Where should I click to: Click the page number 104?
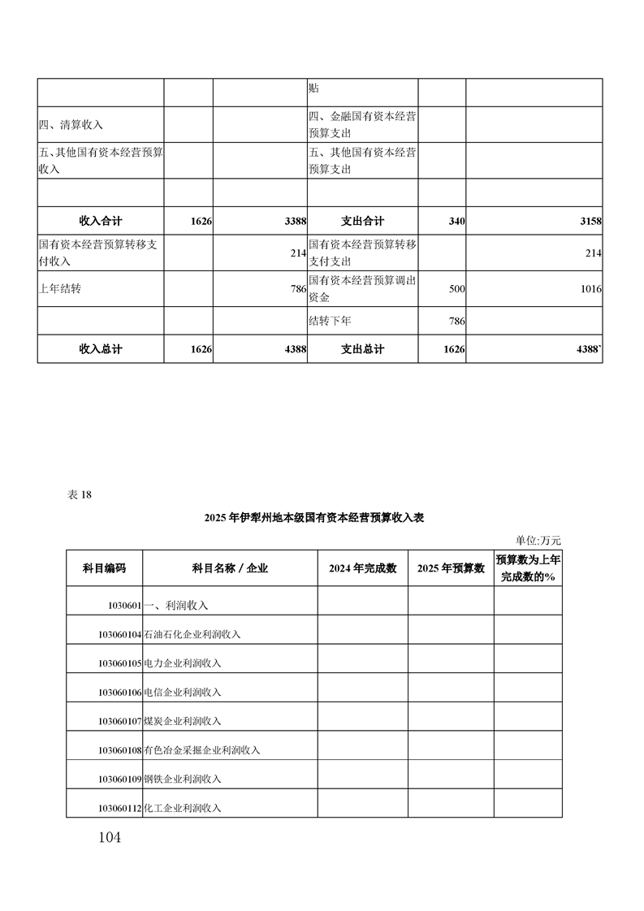[107, 837]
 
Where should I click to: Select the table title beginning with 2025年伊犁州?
[322, 517]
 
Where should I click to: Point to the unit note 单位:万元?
[538, 540]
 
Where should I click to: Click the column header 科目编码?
[104, 568]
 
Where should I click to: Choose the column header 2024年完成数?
[362, 568]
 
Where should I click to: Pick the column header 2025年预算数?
[450, 568]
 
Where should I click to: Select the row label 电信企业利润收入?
[182, 693]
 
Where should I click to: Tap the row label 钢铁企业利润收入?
[182, 779]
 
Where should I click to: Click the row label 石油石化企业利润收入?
[192, 634]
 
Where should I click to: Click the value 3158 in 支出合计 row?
[590, 222]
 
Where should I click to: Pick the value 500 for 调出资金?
[456, 289]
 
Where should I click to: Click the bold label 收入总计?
[101, 349]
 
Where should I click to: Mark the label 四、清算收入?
[71, 125]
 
